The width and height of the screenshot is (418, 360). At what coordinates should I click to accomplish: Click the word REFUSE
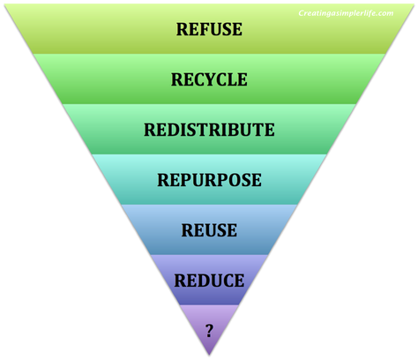[209, 28]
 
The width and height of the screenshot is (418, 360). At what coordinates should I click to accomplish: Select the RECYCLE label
[209, 79]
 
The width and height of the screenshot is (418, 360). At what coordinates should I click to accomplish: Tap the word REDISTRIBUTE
[209, 130]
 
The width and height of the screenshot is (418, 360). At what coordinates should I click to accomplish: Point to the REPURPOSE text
[209, 180]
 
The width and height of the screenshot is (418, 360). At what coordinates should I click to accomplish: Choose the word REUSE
[209, 231]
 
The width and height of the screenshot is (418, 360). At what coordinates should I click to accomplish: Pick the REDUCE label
[209, 281]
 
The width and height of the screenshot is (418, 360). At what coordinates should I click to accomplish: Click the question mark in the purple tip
[209, 331]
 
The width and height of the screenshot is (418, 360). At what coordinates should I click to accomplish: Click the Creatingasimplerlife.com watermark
[347, 14]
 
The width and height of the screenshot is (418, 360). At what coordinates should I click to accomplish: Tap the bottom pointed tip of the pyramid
[209, 356]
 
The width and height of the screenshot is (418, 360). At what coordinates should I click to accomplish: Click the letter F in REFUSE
[199, 28]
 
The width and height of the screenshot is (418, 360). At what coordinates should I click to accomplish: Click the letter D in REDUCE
[198, 281]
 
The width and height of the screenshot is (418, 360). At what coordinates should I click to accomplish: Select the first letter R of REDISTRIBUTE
[150, 130]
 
